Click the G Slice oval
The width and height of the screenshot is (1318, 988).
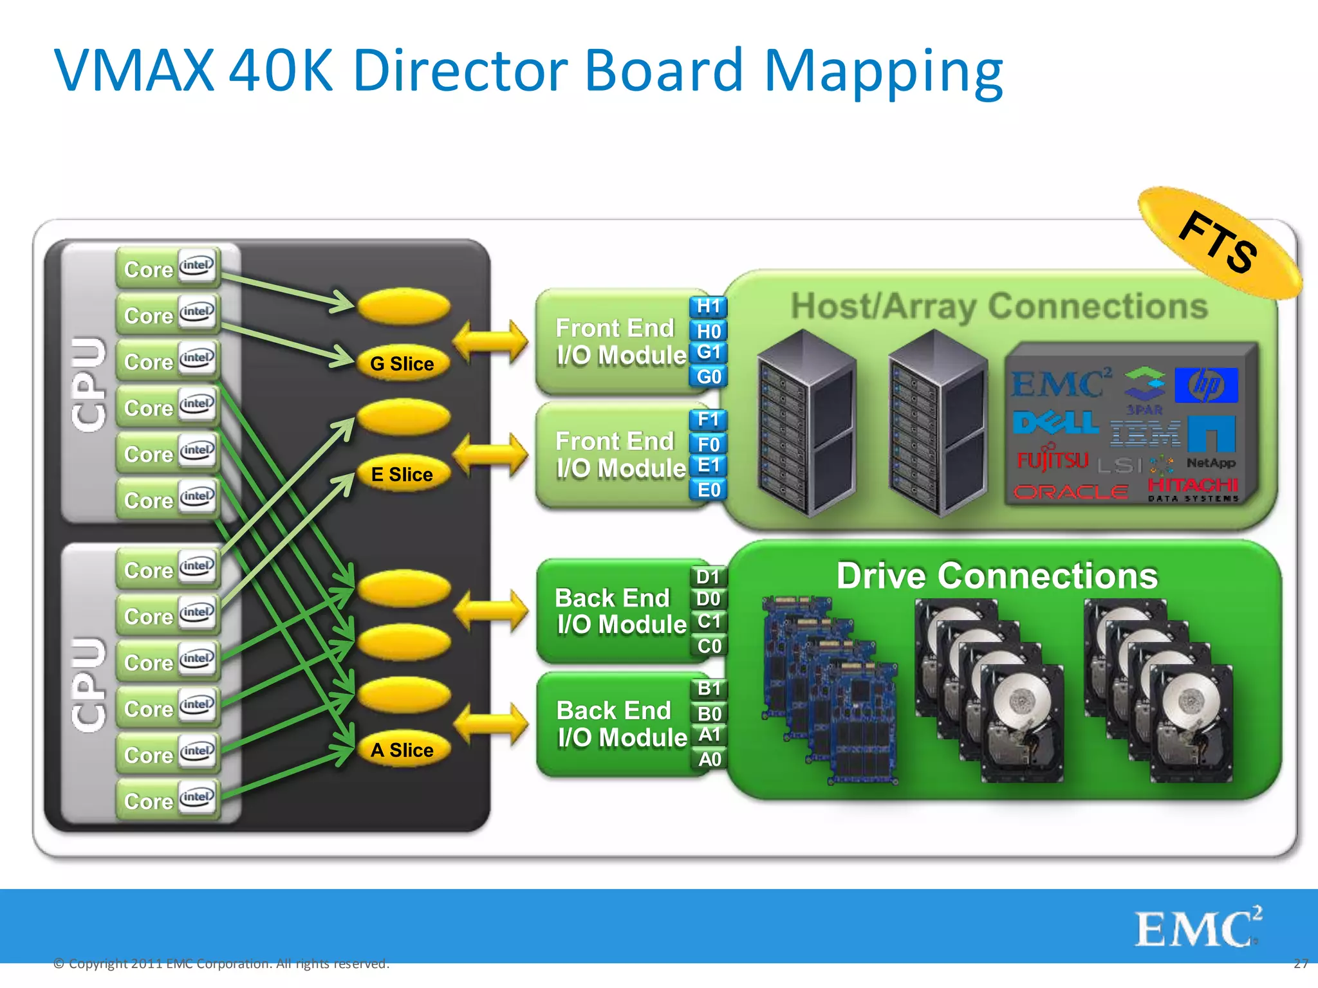[x=403, y=363]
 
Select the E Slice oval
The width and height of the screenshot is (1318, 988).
[x=403, y=474]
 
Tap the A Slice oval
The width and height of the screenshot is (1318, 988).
[x=403, y=750]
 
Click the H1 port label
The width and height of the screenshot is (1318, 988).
[x=709, y=307]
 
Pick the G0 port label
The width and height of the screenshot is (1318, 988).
[x=709, y=376]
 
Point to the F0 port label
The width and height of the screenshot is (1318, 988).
[x=709, y=444]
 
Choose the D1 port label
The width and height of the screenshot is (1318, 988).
[x=709, y=576]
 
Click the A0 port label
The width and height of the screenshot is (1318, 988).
[x=709, y=759]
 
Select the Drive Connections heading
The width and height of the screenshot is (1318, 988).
[x=997, y=576]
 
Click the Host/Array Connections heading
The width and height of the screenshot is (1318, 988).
[x=999, y=306]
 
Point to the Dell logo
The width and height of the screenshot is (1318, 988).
[x=1055, y=423]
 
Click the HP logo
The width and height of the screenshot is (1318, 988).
[x=1206, y=385]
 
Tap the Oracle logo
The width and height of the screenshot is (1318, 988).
[x=1071, y=492]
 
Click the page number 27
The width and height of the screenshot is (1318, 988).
[x=1300, y=964]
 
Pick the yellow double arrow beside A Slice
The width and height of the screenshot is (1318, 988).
[x=492, y=724]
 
